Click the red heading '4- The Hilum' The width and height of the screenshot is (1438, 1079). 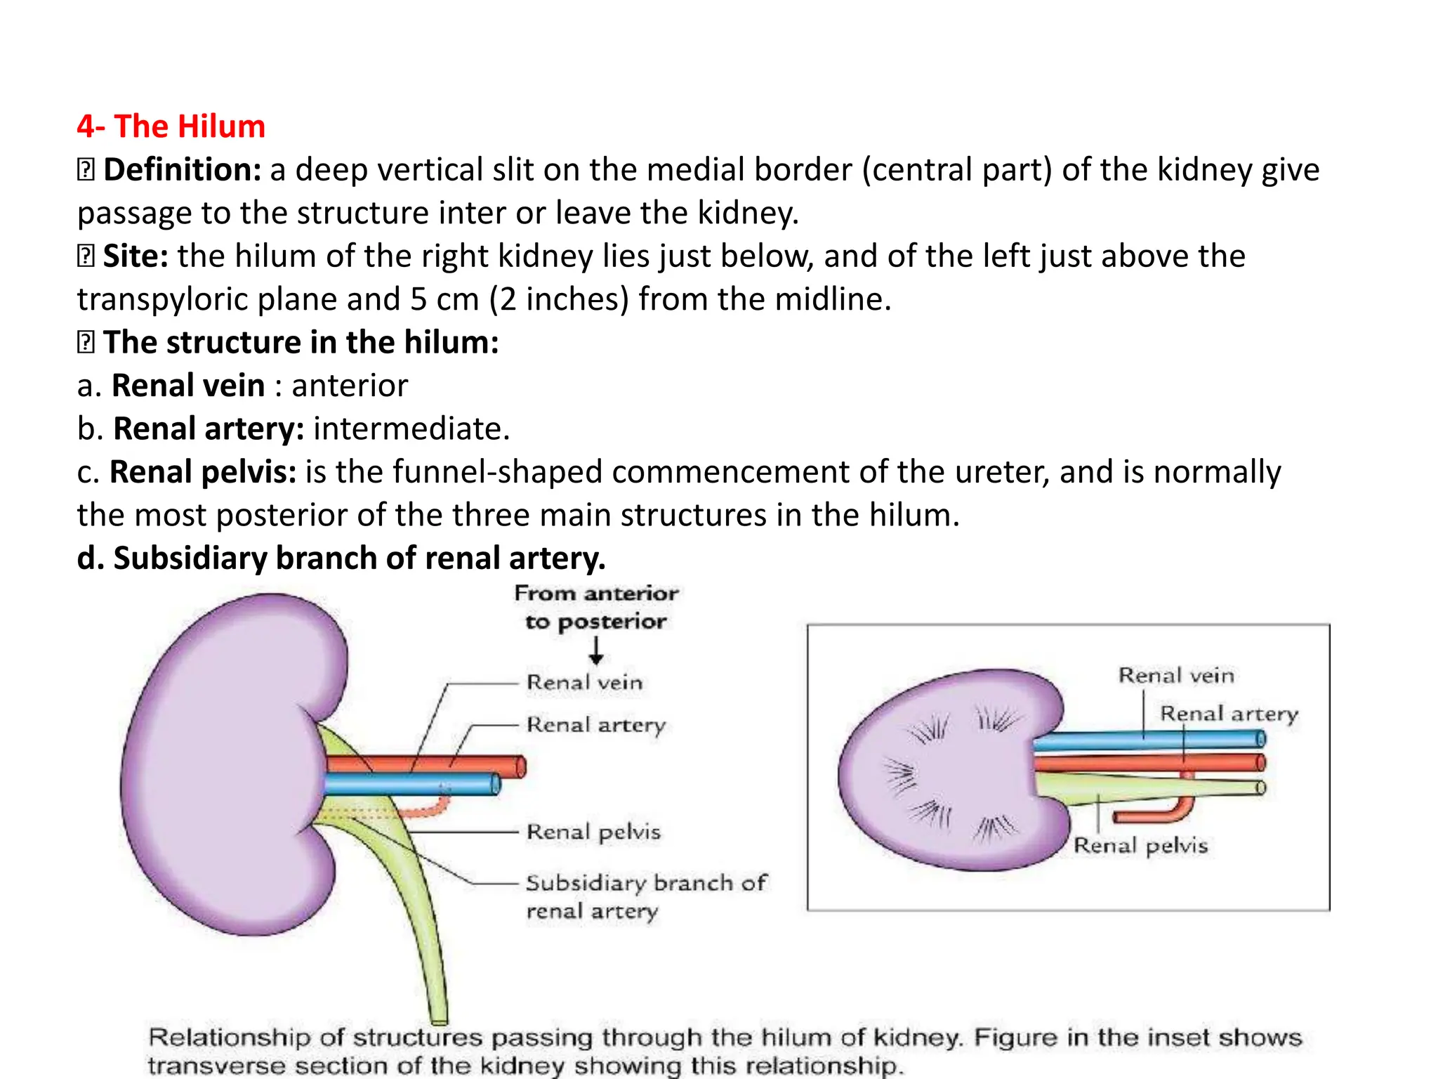pos(171,126)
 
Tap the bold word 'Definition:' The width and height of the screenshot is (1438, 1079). pos(183,170)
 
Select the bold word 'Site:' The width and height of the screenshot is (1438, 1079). pos(136,256)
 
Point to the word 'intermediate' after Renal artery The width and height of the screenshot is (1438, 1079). pos(407,429)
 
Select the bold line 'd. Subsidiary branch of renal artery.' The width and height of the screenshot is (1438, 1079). pos(341,558)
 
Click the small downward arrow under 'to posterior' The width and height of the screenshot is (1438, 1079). pos(596,650)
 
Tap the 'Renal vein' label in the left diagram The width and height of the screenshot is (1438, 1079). pos(584,683)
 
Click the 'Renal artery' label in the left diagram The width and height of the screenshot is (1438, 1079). pos(595,725)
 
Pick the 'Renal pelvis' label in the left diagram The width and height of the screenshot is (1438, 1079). pos(593,832)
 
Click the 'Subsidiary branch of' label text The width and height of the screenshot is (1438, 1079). pos(646,883)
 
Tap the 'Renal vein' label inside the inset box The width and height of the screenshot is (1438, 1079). pos(1176,676)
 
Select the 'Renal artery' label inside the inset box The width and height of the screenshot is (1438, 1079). pos(1229,714)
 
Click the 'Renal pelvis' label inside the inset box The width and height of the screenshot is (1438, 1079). pos(1141,846)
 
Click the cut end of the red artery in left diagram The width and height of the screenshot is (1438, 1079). pos(520,766)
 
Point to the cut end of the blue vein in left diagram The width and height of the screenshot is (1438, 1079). pos(495,784)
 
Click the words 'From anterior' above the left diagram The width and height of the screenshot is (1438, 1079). pos(596,594)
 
